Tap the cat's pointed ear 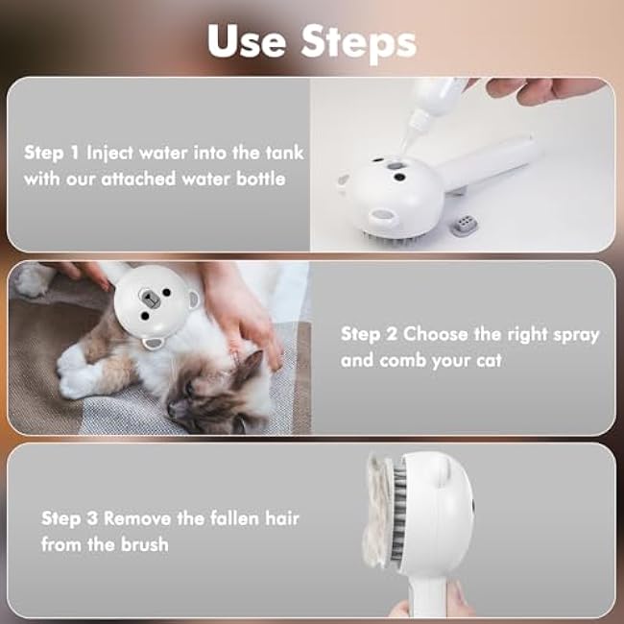[252, 366]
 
